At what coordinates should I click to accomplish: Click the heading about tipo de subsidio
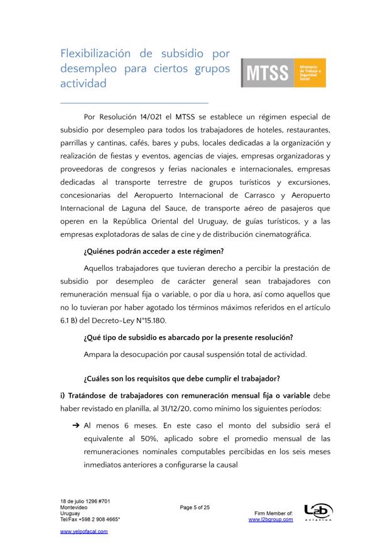188,337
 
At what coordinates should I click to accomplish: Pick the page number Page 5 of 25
195,508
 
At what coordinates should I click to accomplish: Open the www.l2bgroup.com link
271,520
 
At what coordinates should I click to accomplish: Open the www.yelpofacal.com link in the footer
84,531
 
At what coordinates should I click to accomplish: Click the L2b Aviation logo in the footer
318,512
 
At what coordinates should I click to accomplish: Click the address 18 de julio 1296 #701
85,501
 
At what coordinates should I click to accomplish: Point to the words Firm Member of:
273,513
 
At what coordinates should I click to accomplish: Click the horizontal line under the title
134,102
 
